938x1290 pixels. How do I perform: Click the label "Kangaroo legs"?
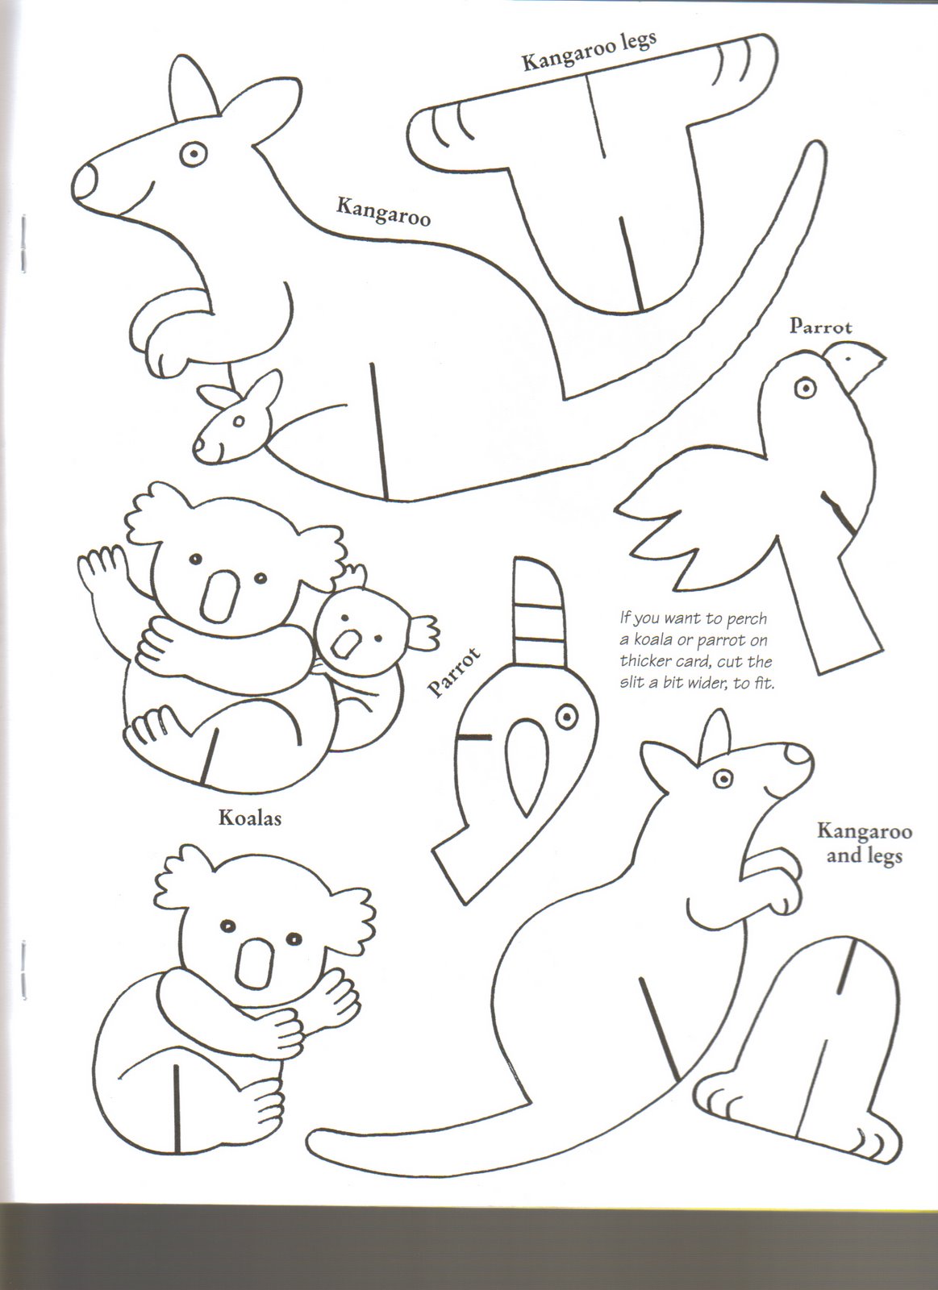[x=589, y=51]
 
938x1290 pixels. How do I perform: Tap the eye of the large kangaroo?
[x=193, y=154]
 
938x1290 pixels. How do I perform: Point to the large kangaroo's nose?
[x=85, y=181]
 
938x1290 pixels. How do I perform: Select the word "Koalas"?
[x=249, y=818]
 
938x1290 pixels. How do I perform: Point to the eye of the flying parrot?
[x=806, y=387]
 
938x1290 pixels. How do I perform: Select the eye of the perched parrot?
[x=567, y=717]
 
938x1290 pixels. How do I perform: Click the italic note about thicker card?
[x=696, y=650]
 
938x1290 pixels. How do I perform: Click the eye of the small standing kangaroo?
[x=723, y=779]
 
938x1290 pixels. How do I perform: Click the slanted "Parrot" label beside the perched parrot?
[x=453, y=672]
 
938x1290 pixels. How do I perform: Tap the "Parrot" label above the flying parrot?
[x=820, y=327]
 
